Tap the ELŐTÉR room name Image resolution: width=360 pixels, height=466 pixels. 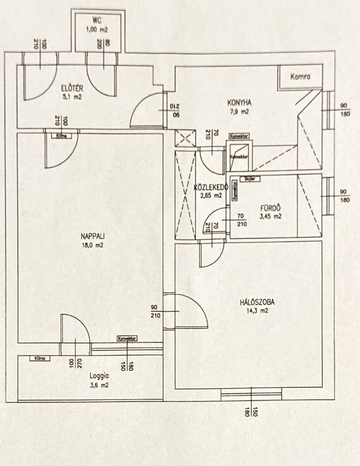click(x=73, y=88)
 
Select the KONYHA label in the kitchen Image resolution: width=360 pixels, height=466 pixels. click(x=239, y=102)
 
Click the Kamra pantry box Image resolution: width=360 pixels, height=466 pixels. click(x=300, y=77)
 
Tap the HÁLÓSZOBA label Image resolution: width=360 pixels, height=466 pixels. click(x=259, y=302)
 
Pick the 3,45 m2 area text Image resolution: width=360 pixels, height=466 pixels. click(x=270, y=217)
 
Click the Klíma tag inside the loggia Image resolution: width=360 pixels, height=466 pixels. click(x=40, y=359)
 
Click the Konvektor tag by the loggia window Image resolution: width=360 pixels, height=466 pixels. click(x=127, y=339)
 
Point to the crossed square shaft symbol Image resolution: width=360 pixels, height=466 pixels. click(x=185, y=138)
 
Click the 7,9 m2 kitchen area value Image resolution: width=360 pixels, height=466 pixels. click(x=239, y=111)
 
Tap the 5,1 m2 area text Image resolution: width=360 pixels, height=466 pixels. click(x=73, y=97)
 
